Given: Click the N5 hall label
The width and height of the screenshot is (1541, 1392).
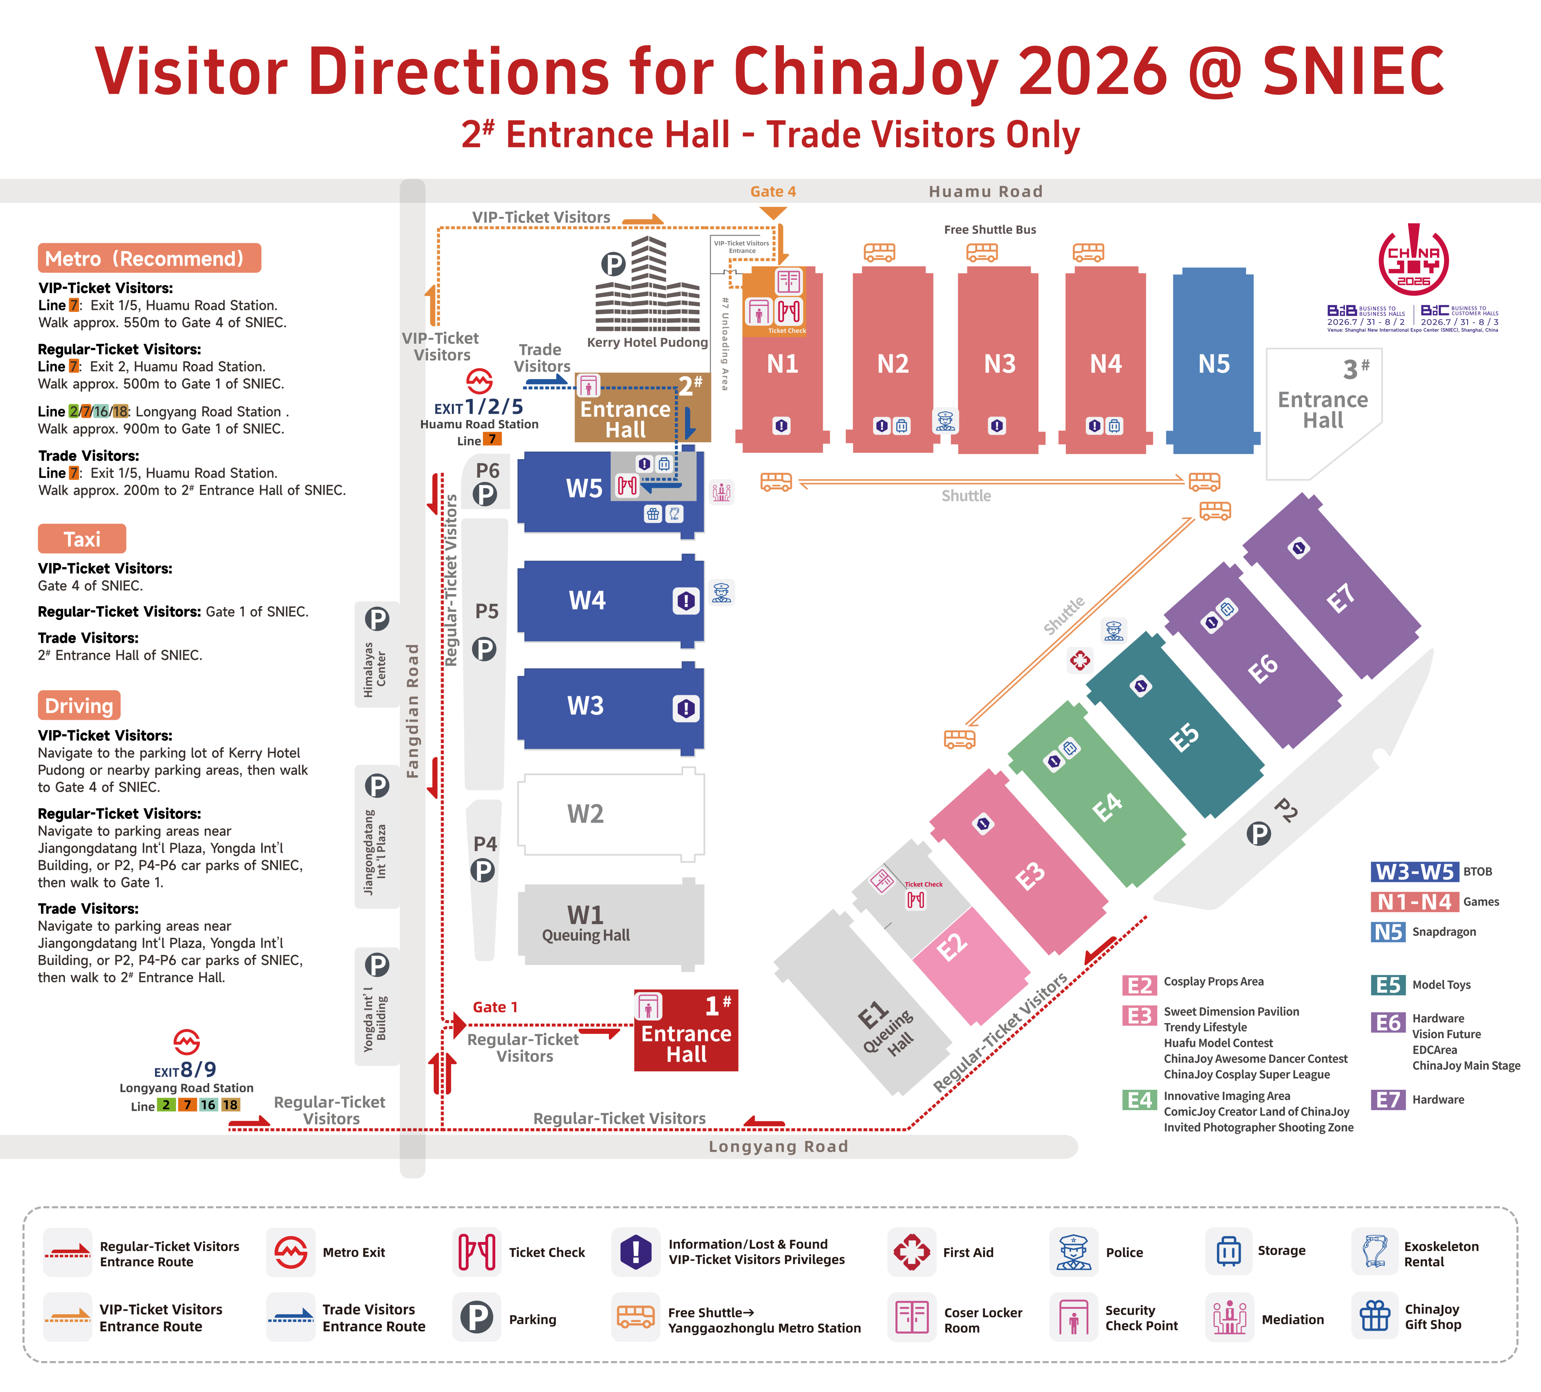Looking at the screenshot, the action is click(x=1214, y=364).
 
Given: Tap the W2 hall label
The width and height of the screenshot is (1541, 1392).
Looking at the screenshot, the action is click(x=585, y=814).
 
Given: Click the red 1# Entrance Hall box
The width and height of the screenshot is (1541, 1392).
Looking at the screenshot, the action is click(x=685, y=1030).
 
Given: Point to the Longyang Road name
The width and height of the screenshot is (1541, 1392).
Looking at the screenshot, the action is click(x=778, y=1147).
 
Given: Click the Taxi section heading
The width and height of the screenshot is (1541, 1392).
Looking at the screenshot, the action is click(x=82, y=539).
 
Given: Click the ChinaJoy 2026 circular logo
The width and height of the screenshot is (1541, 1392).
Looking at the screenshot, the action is click(x=1413, y=260).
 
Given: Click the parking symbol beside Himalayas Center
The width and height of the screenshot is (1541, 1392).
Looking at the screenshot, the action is click(x=377, y=619).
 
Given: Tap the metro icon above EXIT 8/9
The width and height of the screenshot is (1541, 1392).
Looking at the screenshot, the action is click(x=187, y=1042).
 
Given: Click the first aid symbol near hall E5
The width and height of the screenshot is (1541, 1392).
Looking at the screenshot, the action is click(x=1080, y=660).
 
